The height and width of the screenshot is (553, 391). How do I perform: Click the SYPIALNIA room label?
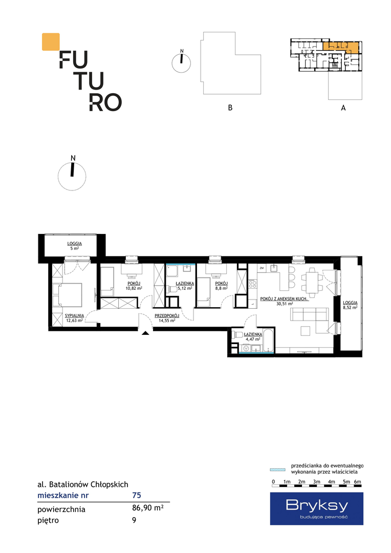pos(74,315)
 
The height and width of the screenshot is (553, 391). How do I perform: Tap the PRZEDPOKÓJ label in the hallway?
pos(167,316)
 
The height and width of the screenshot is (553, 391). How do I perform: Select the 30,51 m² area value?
pos(285,303)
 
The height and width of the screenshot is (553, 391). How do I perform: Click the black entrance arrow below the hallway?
pos(146,333)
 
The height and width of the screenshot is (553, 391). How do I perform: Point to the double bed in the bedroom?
pos(68,294)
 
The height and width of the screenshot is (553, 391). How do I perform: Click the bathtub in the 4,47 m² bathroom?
pos(268,341)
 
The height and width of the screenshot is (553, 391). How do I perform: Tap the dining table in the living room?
pos(311,282)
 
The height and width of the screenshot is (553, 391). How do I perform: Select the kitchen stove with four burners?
pos(252,284)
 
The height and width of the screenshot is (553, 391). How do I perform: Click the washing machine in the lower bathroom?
pos(245,349)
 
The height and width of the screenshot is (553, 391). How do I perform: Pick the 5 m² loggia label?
pos(74,246)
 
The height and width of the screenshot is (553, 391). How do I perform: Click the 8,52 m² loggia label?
pos(350,305)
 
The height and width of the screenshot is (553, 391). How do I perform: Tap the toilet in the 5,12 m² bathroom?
pos(172,289)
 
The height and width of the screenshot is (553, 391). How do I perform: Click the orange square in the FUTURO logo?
pos(51,41)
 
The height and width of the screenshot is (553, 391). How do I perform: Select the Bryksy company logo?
pos(317,508)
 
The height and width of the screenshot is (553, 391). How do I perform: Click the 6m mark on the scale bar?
pos(358,482)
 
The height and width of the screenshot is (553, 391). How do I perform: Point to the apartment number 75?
pos(137,495)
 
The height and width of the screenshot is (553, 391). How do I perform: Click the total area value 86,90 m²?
pos(147,508)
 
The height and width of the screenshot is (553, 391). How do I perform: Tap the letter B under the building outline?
pos(230,108)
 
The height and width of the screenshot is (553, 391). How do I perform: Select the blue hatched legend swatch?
pos(277,470)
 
